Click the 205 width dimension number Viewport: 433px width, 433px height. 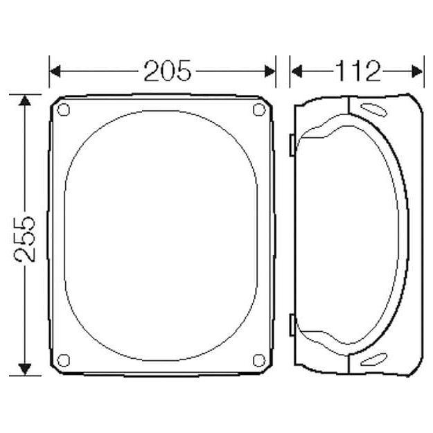168,71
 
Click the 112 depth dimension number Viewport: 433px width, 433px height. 358,71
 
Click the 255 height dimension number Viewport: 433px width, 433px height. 25,239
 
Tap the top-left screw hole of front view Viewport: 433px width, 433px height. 63,109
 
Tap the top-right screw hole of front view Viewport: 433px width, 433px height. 259,109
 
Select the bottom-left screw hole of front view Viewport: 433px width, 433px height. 63,360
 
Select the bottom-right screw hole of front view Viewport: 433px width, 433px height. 259,360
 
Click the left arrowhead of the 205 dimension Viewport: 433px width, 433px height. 55,71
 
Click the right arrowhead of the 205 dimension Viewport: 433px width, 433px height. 270,71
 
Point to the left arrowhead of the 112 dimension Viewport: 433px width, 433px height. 297,71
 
